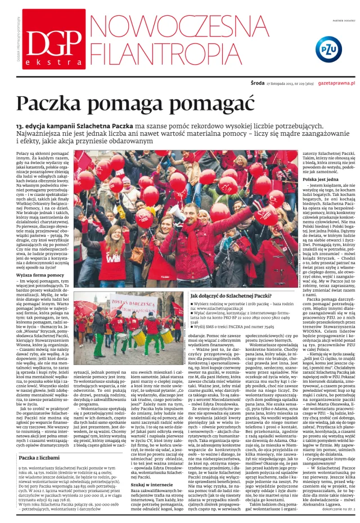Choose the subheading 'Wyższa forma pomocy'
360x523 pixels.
pyautogui.click(x=40, y=275)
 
